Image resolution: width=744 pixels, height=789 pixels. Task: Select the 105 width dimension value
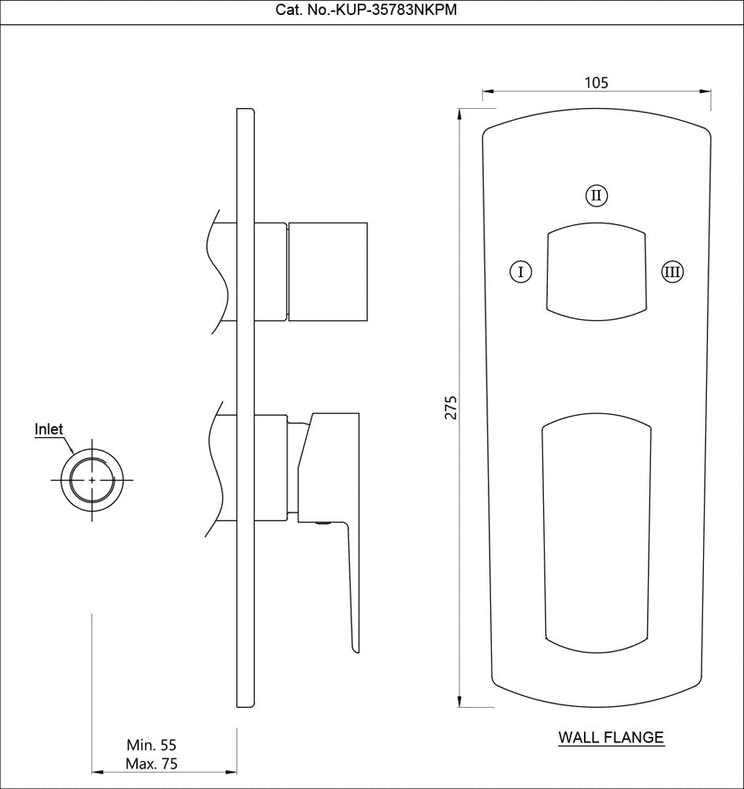click(597, 82)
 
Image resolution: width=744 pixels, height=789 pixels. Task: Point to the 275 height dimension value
click(450, 406)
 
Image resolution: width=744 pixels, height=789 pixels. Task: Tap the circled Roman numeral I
click(520, 272)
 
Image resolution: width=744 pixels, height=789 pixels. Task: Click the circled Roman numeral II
click(597, 195)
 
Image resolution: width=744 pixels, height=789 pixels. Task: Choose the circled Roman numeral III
click(672, 272)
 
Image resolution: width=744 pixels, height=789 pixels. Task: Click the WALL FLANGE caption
click(611, 738)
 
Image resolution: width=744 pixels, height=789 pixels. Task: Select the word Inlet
click(49, 429)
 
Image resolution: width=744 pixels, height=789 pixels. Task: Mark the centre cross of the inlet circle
click(93, 480)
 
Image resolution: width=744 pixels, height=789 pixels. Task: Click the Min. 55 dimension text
click(151, 745)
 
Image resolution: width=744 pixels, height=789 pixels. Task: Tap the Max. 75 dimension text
click(151, 764)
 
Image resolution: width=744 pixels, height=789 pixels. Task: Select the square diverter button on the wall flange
click(597, 272)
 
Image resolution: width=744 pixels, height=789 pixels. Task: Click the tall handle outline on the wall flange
click(597, 533)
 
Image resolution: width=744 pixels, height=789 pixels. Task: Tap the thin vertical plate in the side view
click(246, 406)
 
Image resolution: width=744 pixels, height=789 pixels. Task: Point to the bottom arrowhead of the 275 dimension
click(460, 704)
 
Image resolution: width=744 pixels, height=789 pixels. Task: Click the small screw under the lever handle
click(322, 522)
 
